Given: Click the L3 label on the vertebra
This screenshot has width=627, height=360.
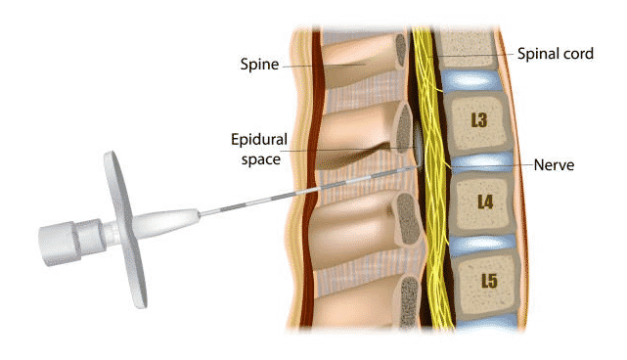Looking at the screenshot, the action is (479, 119).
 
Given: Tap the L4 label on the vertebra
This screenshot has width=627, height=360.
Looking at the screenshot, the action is (485, 202).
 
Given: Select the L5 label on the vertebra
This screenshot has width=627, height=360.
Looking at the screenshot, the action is (489, 281).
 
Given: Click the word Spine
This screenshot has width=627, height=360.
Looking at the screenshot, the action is (259, 65).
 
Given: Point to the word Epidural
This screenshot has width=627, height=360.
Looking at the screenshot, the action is (259, 139).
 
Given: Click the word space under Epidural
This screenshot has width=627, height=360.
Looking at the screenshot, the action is (261, 159).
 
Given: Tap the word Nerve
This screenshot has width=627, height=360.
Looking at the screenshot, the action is (554, 164).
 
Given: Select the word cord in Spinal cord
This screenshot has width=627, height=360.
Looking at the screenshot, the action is (576, 53).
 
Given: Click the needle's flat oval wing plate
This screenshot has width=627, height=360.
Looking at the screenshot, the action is (125, 229).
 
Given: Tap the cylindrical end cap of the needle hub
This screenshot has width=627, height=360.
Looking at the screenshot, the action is (59, 245).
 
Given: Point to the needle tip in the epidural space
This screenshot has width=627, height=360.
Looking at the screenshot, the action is (417, 167).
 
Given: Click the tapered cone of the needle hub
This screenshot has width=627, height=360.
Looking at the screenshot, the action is (167, 224).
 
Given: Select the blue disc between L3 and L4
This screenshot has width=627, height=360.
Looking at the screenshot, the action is (481, 162).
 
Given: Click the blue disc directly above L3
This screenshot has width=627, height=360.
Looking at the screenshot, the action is (470, 80).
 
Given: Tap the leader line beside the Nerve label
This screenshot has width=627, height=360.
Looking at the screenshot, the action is (492, 165).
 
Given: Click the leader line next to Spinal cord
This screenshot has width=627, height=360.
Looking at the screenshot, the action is (470, 55).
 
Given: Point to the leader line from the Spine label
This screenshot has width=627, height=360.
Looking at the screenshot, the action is (325, 66).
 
